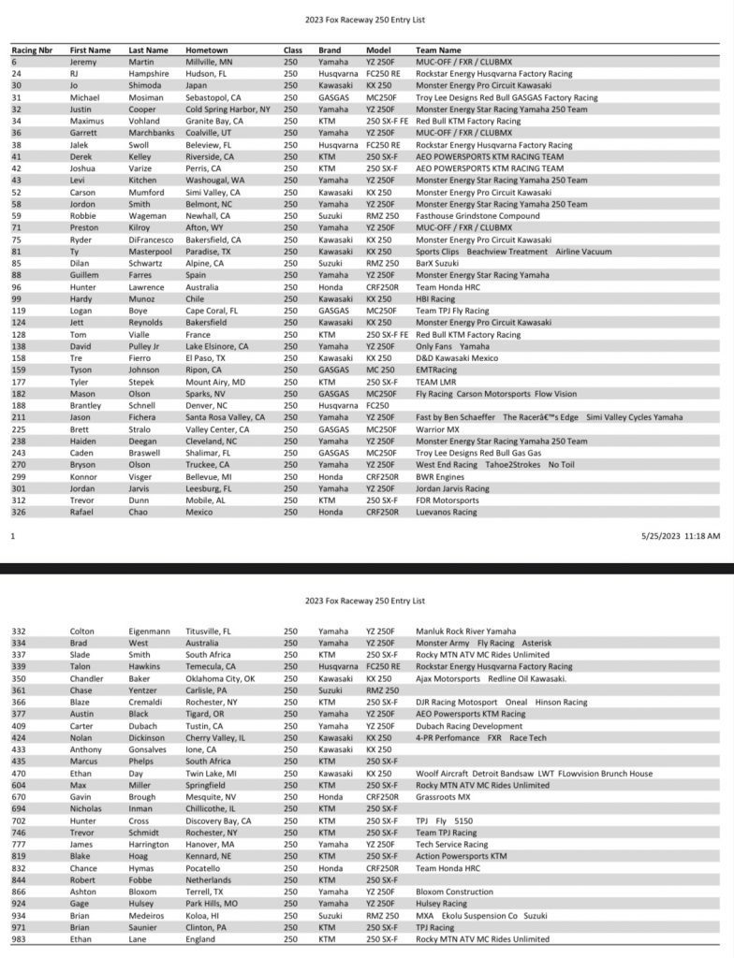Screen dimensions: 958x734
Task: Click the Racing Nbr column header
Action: [x=32, y=50]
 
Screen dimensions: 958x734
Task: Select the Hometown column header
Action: [x=207, y=50]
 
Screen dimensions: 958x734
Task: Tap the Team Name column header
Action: [x=438, y=50]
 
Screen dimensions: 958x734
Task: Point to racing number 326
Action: [x=19, y=512]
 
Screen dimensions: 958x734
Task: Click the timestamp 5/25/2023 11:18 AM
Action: [x=681, y=536]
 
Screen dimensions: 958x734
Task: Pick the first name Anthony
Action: [x=86, y=749]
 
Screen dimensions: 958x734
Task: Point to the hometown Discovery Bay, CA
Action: [x=218, y=820]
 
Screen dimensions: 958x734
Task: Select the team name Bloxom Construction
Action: [x=455, y=892]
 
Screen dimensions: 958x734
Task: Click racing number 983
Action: [x=19, y=938]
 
